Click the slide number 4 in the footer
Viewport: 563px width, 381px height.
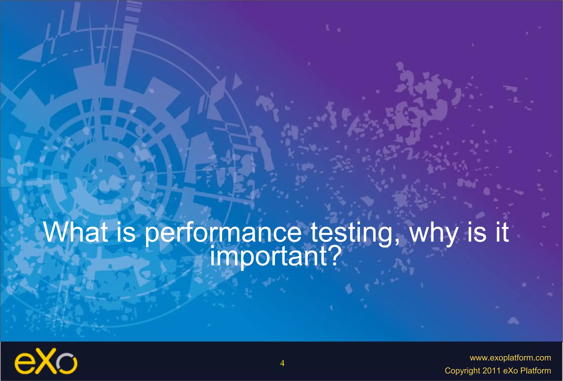click(282, 363)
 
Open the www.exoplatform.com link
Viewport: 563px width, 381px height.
click(510, 358)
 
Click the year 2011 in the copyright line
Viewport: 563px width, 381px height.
click(491, 371)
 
